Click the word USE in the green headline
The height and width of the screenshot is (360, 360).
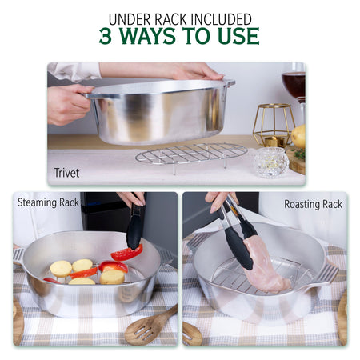pyautogui.click(x=240, y=36)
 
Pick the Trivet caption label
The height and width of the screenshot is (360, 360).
pyautogui.click(x=66, y=173)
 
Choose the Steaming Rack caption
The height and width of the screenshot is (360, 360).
pyautogui.click(x=48, y=203)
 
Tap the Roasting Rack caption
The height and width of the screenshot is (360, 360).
pyautogui.click(x=313, y=204)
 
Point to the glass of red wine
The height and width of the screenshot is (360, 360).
pyautogui.click(x=294, y=83)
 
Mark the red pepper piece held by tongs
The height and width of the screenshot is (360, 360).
pyautogui.click(x=126, y=253)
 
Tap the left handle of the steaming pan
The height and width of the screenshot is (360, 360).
pyautogui.click(x=18, y=255)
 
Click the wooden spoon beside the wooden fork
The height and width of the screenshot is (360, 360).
pyautogui.click(x=191, y=333)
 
